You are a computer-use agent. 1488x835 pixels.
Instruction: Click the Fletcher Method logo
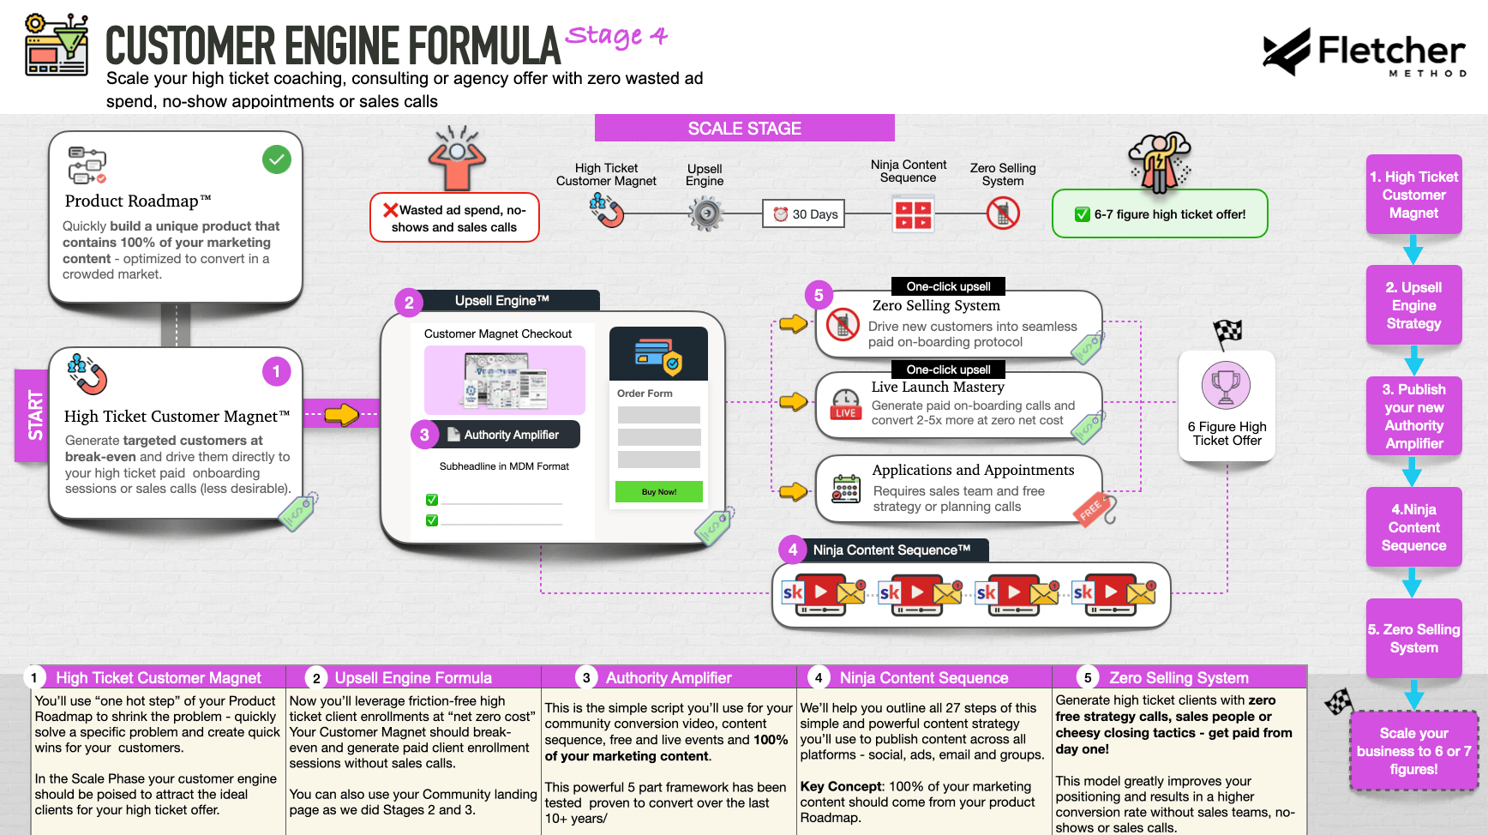[x=1364, y=52]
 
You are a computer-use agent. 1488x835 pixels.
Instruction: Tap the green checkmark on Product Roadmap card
[x=277, y=159]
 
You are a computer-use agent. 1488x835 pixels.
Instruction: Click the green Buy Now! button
[x=658, y=492]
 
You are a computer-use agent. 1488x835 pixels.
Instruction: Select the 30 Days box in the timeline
[x=804, y=214]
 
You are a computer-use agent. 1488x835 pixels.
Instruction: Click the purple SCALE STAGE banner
[x=744, y=129]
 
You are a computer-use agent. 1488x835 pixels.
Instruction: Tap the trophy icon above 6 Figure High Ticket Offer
[x=1226, y=386]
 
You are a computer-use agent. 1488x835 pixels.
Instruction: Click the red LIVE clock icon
[x=845, y=404]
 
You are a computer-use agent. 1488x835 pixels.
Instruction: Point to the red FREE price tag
[x=1093, y=509]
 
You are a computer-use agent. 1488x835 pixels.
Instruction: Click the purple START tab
[x=33, y=415]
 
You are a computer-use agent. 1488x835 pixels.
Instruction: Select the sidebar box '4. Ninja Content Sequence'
[x=1413, y=527]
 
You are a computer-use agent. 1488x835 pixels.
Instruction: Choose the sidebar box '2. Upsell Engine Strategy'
[x=1413, y=305]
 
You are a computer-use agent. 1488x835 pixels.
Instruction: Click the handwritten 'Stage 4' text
[x=616, y=36]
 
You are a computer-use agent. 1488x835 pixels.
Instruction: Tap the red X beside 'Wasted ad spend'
[x=391, y=210]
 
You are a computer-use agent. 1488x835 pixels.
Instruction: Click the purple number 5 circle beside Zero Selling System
[x=819, y=295]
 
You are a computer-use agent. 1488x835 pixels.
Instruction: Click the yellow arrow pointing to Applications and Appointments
[x=793, y=491]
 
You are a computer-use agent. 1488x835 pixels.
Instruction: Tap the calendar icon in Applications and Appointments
[x=846, y=489]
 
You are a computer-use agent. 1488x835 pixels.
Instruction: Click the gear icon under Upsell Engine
[x=706, y=213]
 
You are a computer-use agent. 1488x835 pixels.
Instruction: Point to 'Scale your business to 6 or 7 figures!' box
[x=1413, y=751]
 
